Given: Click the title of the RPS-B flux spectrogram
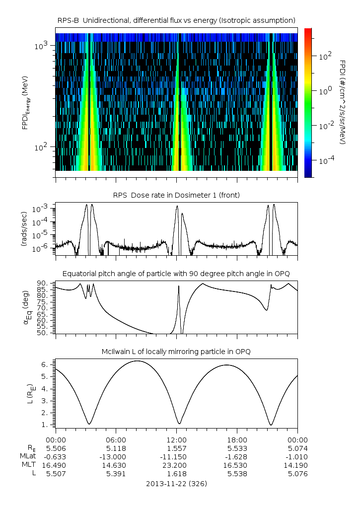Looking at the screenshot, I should (x=176, y=20).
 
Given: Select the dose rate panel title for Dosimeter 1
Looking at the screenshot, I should (x=176, y=195).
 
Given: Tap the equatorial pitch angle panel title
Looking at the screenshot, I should (x=176, y=274).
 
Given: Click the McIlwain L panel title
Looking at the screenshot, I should (x=176, y=352).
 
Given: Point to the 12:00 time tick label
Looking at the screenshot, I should (x=176, y=439).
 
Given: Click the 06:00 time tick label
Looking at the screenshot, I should (x=116, y=439).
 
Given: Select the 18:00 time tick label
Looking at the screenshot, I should (x=237, y=439).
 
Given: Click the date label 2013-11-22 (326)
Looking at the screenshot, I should (x=176, y=483).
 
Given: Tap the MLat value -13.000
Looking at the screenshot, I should (x=116, y=456).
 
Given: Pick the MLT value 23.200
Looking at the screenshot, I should (x=176, y=465).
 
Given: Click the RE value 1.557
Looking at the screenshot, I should (x=176, y=448).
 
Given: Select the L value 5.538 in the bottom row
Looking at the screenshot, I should (x=237, y=474).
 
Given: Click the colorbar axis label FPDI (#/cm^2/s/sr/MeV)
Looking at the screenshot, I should (x=343, y=102).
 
